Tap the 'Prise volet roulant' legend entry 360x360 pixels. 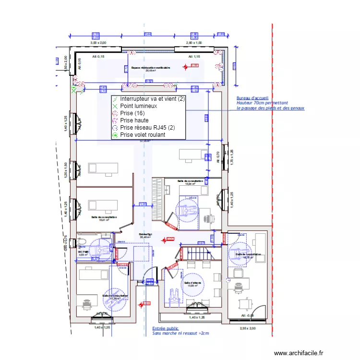point(142,135)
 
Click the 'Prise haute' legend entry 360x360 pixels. point(134,120)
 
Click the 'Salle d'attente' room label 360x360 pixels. point(192,283)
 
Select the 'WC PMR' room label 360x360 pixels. point(84,252)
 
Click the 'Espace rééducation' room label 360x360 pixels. point(150,68)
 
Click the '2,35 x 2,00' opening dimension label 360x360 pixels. point(248,329)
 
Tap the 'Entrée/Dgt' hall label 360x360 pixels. point(145,234)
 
